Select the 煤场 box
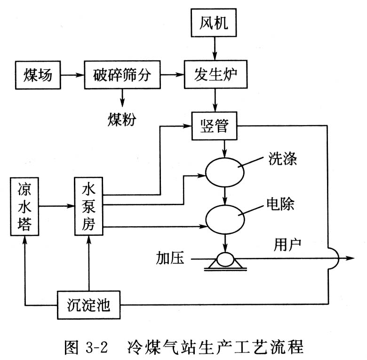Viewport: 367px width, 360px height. pyautogui.click(x=38, y=74)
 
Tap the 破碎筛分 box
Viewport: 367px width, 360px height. pyautogui.click(x=122, y=74)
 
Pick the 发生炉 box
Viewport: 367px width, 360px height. pyautogui.click(x=215, y=74)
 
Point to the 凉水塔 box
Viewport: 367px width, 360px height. pyautogui.click(x=24, y=206)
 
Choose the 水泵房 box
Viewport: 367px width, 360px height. pyautogui.click(x=88, y=206)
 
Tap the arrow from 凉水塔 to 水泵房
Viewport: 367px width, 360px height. pyautogui.click(x=56, y=206)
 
